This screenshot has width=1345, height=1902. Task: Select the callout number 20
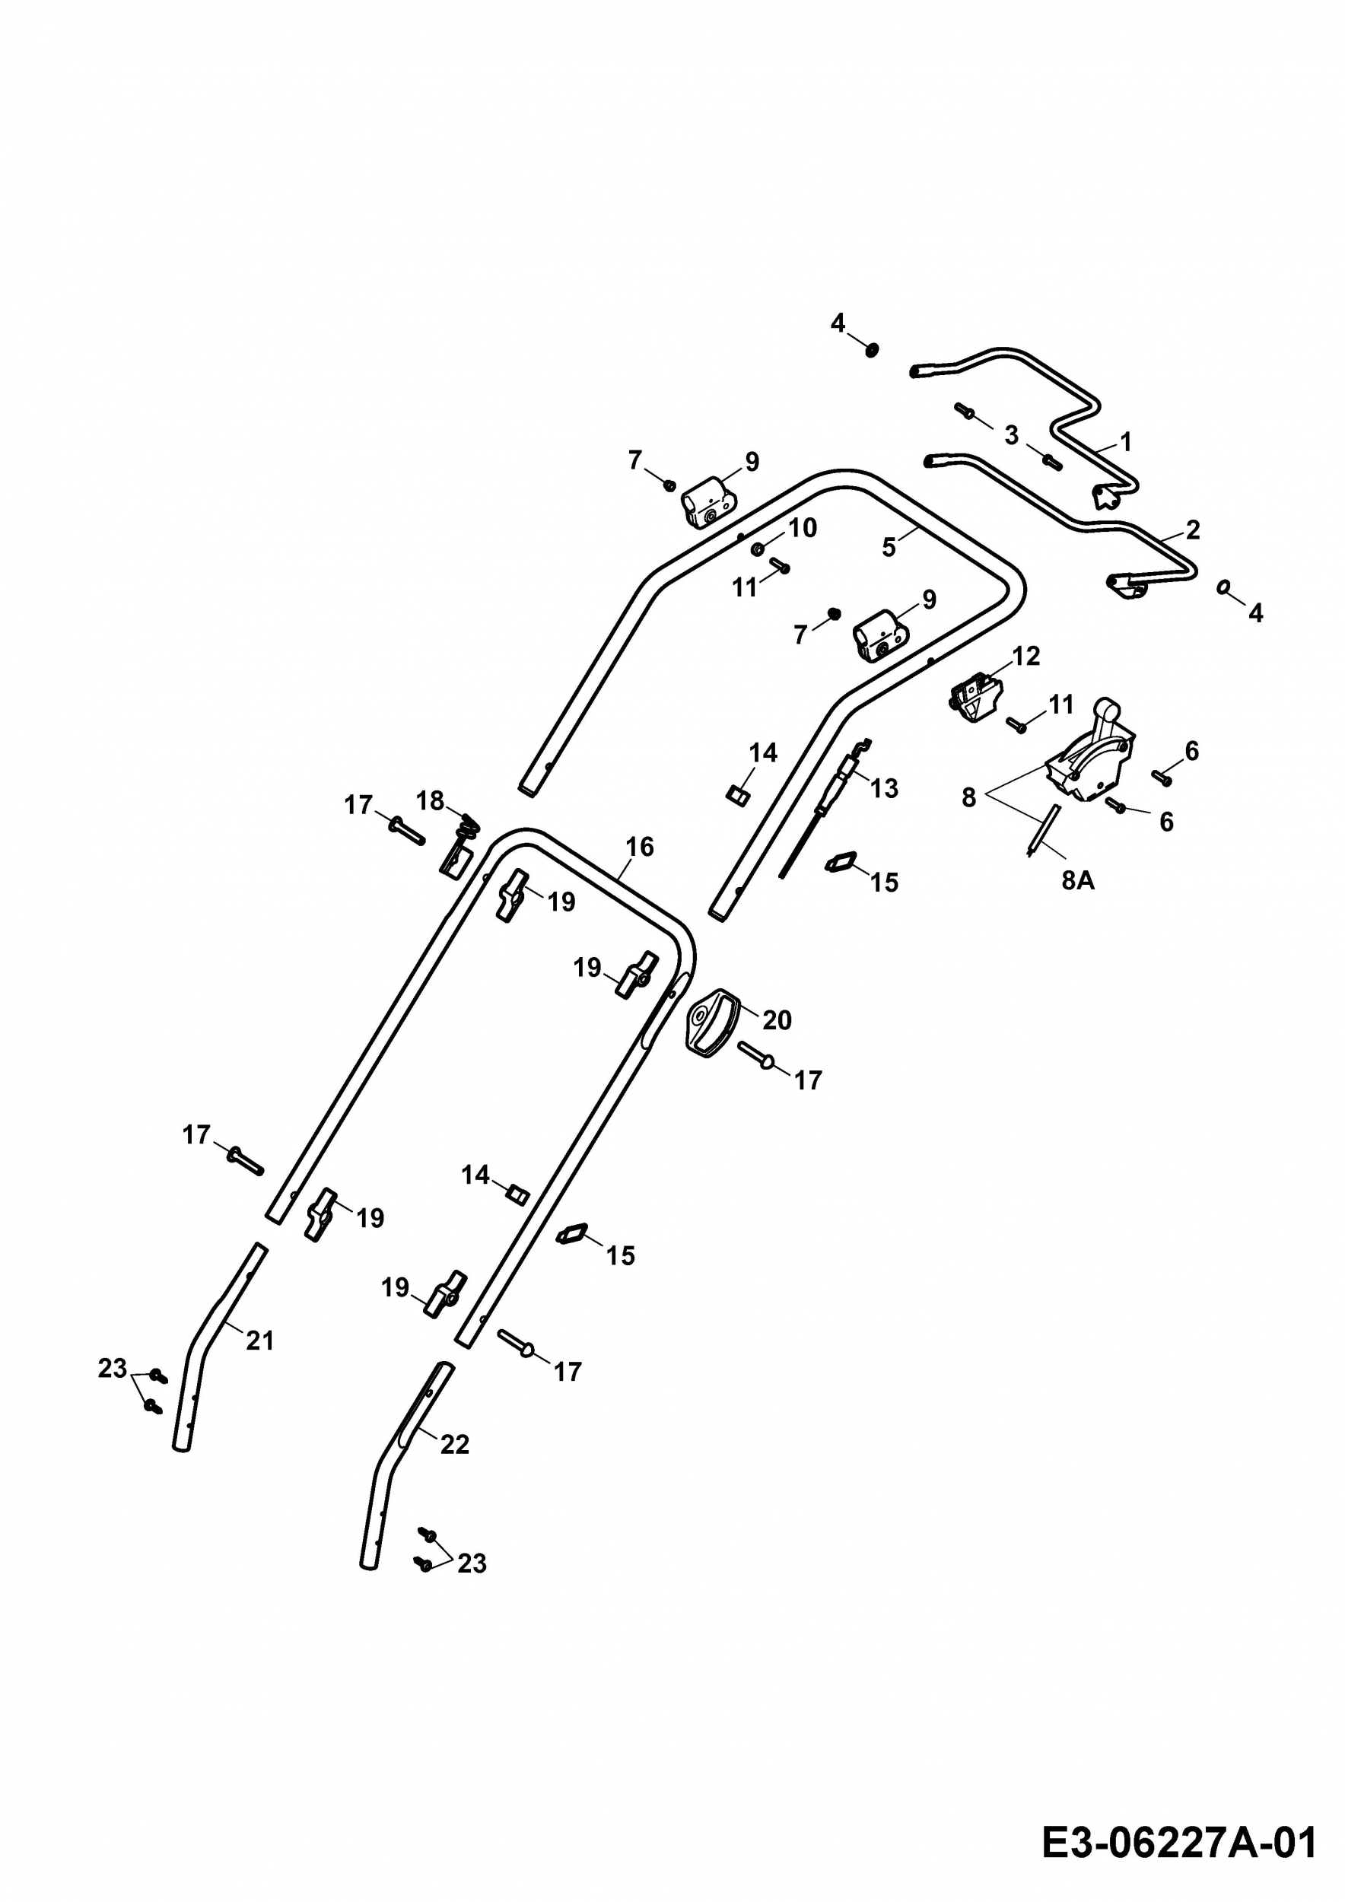pos(776,1019)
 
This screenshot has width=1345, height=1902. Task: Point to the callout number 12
pos(1025,656)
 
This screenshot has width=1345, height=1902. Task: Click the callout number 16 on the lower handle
pos(639,847)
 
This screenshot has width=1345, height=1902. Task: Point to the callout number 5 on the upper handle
pos(889,548)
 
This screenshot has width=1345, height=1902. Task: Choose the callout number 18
pos(430,801)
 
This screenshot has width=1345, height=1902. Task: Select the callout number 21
pos(259,1341)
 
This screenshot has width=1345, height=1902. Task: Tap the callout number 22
pos(455,1444)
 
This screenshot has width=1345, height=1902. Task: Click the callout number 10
pos(802,528)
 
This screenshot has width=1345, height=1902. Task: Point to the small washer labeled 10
pos(757,549)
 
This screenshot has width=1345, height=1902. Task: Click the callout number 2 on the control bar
pos(1193,530)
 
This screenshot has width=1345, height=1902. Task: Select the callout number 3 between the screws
pos(1011,435)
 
